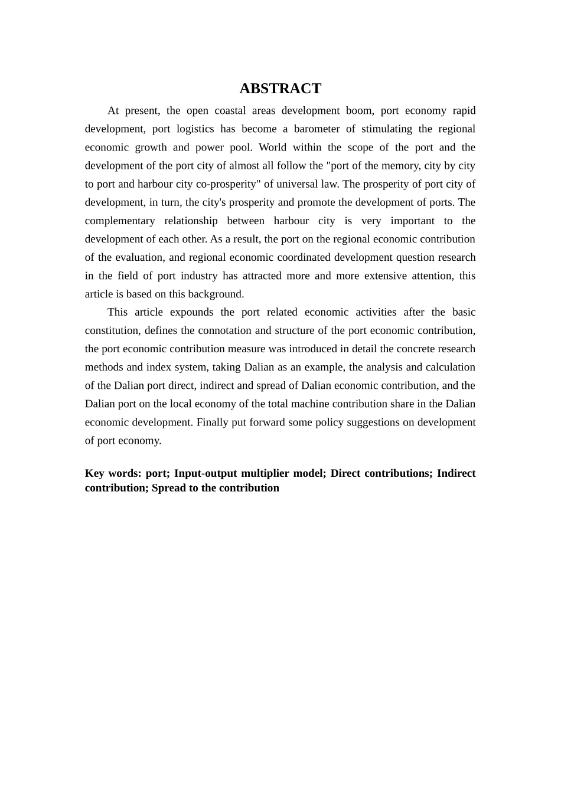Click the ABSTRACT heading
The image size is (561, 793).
[280, 89]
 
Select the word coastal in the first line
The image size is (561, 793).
[227, 111]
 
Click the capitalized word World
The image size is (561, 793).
[272, 148]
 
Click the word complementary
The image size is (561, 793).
[120, 221]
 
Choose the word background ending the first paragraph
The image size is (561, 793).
[215, 294]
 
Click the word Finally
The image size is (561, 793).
[214, 422]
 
